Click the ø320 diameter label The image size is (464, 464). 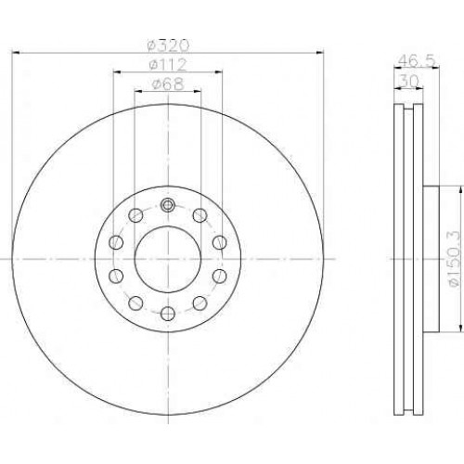(168, 45)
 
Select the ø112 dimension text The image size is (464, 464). (168, 65)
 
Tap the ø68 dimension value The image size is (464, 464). (168, 84)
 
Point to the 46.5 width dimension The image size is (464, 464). (417, 60)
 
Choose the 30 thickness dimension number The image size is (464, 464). (408, 81)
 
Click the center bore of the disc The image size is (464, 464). (168, 259)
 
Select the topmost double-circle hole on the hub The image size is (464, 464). (168, 204)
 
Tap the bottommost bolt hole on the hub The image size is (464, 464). (168, 314)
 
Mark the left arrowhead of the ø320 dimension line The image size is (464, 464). (16, 53)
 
